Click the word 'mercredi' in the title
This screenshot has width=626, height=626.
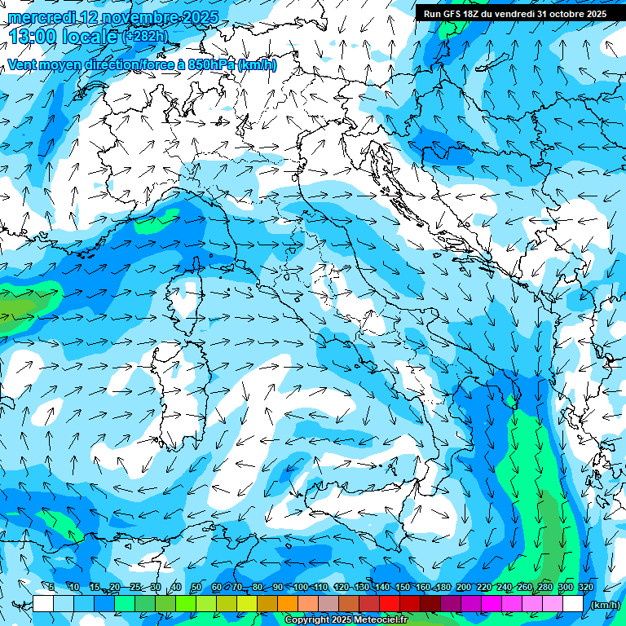(37, 17)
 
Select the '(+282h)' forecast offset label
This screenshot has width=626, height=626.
(146, 36)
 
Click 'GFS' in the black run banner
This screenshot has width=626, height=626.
(454, 14)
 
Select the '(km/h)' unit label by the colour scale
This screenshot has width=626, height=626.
(605, 605)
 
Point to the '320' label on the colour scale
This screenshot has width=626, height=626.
(585, 588)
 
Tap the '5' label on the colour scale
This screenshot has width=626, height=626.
(51, 588)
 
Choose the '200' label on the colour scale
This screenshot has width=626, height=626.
(463, 588)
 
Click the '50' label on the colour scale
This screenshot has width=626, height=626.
(196, 588)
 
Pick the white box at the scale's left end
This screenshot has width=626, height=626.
(43, 604)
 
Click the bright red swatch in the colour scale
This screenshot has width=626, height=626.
(390, 604)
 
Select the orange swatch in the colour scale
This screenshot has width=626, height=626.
(288, 604)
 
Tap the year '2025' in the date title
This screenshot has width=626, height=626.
(197, 17)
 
